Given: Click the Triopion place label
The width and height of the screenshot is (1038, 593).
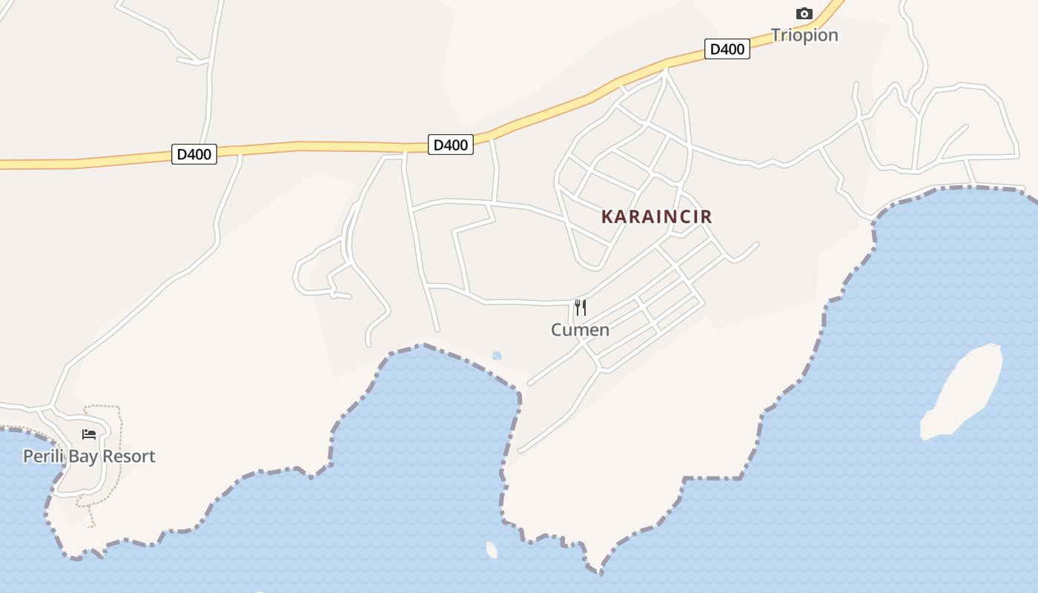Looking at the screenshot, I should (x=804, y=35).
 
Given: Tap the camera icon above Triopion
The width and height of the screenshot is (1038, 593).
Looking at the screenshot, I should (x=804, y=13).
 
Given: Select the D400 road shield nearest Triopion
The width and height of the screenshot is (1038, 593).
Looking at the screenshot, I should (x=727, y=50).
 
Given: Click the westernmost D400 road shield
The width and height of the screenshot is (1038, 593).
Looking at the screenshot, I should (x=194, y=154).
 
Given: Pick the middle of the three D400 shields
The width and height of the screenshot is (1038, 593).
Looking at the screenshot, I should (x=450, y=145).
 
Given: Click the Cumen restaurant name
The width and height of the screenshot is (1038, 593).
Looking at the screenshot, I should (x=580, y=330).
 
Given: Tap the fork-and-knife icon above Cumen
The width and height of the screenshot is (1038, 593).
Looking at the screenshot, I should (x=581, y=307).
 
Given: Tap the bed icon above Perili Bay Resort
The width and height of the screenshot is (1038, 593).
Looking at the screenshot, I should (x=89, y=434).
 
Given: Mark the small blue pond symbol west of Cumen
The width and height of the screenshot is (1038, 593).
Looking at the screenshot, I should (x=497, y=356).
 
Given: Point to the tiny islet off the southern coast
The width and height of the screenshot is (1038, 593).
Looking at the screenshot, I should (x=492, y=550).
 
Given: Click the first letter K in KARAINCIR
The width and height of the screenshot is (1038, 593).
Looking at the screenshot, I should (x=606, y=216).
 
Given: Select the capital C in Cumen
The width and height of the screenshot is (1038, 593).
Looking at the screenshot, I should (x=557, y=330).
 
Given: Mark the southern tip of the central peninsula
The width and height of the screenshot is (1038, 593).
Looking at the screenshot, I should (x=599, y=572).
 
